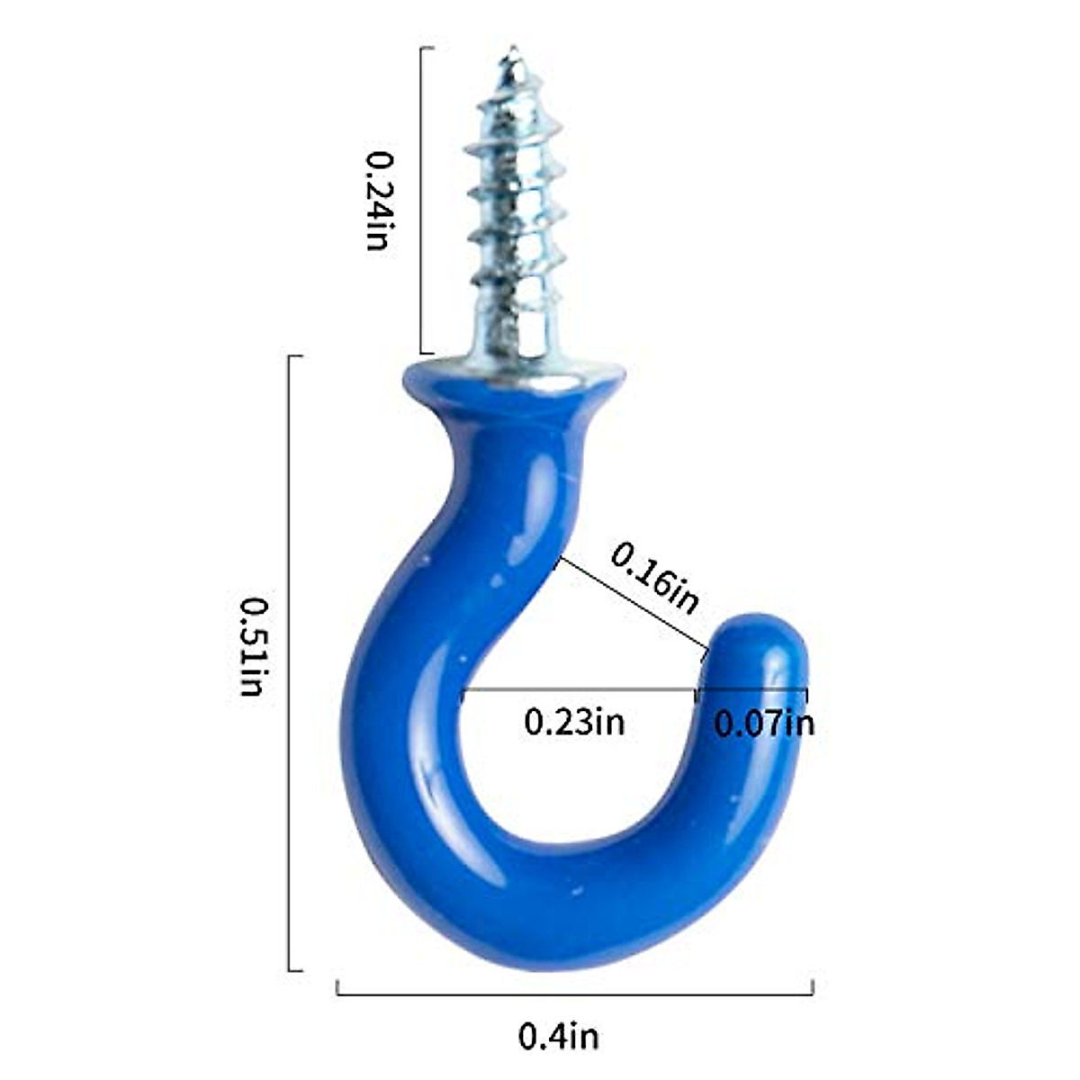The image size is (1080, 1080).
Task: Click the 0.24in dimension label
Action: point(378,200)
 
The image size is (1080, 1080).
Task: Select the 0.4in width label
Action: point(558,1037)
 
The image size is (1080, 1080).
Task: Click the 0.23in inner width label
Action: point(573,722)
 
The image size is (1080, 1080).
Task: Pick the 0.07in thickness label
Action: point(763,723)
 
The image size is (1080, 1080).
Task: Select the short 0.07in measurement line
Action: point(751,691)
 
